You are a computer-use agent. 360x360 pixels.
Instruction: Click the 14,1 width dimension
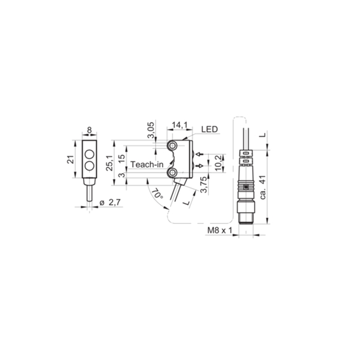click(180, 125)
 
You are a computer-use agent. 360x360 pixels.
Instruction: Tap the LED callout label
click(209, 129)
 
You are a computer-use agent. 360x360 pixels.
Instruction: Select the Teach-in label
click(147, 164)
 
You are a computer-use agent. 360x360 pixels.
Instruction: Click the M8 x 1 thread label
click(220, 230)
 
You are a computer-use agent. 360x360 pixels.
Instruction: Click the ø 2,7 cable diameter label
click(110, 202)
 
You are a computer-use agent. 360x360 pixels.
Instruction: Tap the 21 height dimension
click(71, 159)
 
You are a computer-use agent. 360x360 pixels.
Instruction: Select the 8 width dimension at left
click(89, 130)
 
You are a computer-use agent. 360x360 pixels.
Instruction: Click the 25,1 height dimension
click(109, 163)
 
